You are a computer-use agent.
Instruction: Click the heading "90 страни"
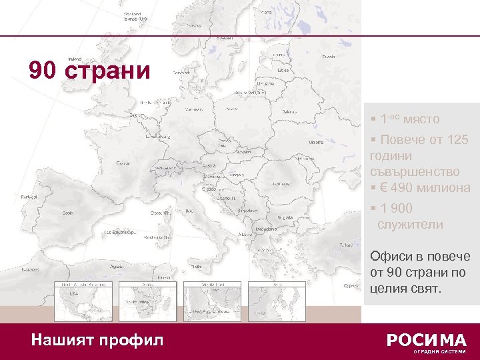[x=90, y=70]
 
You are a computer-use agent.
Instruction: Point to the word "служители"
[x=410, y=225]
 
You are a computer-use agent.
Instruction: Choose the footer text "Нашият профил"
[x=97, y=340]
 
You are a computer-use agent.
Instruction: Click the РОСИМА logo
[x=427, y=340]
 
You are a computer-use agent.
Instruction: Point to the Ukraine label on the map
[x=315, y=142]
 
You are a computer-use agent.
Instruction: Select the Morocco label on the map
[x=29, y=269]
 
